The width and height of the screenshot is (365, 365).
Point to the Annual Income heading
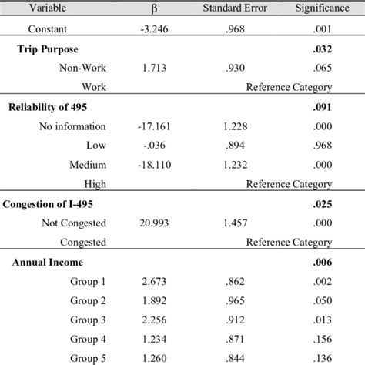pyautogui.click(x=48, y=262)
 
